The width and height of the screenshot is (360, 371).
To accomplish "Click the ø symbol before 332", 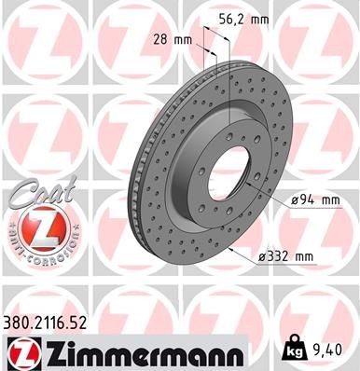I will pyautogui.click(x=270, y=254).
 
